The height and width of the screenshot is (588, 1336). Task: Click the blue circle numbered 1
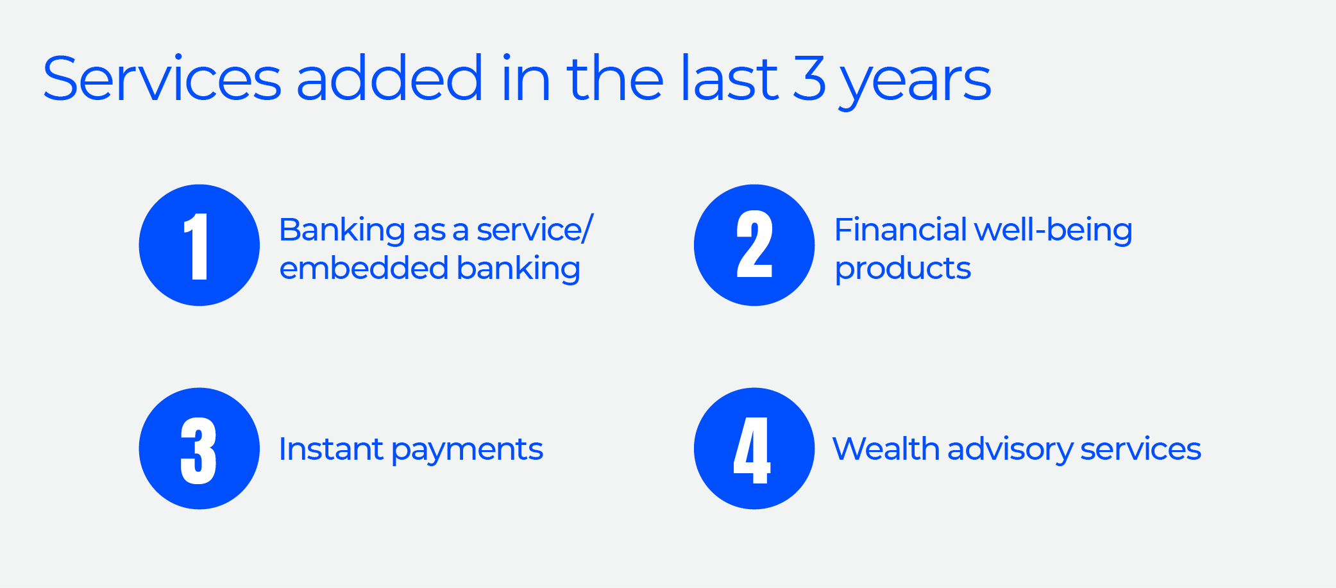[199, 245]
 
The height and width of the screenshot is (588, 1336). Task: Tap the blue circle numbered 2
[754, 245]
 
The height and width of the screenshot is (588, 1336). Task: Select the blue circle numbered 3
[199, 448]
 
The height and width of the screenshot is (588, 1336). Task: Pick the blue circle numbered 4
[754, 448]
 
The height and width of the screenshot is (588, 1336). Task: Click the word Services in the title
[162, 79]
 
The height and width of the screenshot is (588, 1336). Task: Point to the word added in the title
[389, 79]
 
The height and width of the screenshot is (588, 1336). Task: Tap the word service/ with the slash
[535, 229]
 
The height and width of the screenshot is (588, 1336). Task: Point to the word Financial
[901, 229]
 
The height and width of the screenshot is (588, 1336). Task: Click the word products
[902, 269]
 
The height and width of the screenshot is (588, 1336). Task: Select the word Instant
[331, 449]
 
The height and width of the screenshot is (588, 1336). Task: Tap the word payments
[468, 451]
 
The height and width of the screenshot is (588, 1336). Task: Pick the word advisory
[1010, 450]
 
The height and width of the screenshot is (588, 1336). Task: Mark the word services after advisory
[1141, 449]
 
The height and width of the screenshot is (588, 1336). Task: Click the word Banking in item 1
[342, 230]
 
